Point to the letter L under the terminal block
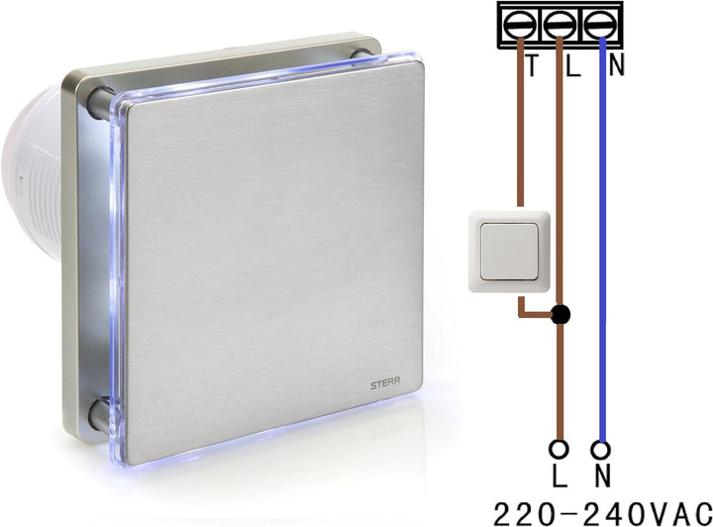tap(574, 66)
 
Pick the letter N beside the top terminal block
tap(616, 66)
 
